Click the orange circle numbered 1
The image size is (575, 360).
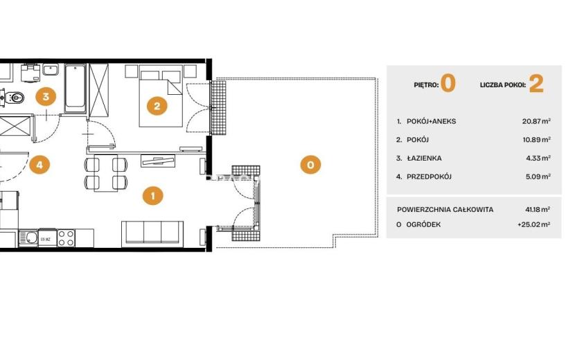[153, 195]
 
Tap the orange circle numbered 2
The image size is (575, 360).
[157, 106]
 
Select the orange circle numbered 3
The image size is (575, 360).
[46, 97]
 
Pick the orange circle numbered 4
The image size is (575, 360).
[39, 165]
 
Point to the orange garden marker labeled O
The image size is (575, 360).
[310, 165]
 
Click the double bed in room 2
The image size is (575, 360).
[161, 96]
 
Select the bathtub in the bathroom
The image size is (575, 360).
[76, 89]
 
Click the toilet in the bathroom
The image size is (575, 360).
[15, 98]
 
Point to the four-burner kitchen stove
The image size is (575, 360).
[66, 238]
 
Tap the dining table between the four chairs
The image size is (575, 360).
[106, 173]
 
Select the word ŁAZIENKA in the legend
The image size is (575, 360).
[424, 159]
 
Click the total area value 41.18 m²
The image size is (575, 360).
[538, 209]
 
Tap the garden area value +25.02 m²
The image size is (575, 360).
[534, 224]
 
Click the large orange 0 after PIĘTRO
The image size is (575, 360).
[448, 84]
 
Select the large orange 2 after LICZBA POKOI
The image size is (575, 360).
[536, 84]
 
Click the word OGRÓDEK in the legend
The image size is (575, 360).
[423, 224]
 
